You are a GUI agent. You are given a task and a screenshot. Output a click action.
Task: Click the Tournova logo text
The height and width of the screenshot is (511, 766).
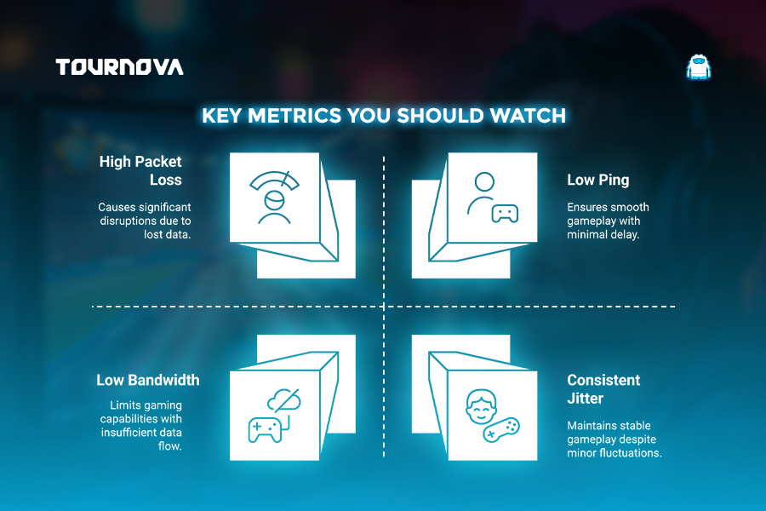click(119, 67)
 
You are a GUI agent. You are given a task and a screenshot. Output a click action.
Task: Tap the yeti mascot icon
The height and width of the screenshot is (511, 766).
click(699, 67)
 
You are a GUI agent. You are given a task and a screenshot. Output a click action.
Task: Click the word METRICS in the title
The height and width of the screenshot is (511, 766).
click(294, 116)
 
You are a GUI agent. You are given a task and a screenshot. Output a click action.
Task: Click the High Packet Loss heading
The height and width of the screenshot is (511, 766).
click(140, 170)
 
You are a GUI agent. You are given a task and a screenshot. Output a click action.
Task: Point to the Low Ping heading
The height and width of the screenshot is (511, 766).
click(598, 180)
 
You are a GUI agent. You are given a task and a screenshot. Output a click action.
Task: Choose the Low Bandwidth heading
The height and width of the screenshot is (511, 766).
click(148, 380)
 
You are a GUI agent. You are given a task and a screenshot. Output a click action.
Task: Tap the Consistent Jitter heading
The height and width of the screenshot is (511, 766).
click(603, 388)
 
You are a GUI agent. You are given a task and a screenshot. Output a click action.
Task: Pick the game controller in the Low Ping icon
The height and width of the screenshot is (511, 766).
click(505, 214)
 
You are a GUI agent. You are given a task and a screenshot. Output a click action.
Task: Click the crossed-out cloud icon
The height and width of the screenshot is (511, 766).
click(284, 400)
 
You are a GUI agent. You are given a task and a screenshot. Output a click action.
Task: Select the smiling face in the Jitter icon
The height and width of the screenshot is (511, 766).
click(481, 407)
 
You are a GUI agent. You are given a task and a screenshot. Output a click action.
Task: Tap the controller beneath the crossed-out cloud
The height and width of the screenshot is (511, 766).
click(266, 430)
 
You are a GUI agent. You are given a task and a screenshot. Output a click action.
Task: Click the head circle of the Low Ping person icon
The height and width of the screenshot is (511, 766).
click(484, 181)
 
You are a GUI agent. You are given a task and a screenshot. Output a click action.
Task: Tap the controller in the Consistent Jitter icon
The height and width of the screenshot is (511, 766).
click(501, 430)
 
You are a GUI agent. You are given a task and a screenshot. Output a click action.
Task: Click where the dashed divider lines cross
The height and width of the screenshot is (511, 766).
click(384, 307)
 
